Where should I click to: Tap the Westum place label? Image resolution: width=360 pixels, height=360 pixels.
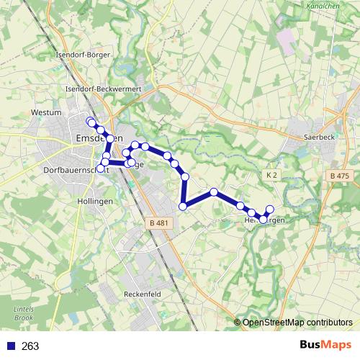45,113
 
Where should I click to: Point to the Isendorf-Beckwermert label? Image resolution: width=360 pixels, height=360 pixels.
102,88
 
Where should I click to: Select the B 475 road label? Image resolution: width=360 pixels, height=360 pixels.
338,176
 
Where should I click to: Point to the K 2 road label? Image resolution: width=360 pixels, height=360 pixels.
271,175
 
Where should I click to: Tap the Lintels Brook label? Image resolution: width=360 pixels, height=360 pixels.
24,313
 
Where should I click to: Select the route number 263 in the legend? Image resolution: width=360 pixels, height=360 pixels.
31,346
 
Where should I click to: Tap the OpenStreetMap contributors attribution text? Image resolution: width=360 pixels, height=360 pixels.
297,322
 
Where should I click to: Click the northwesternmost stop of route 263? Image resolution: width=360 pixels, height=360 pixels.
90,121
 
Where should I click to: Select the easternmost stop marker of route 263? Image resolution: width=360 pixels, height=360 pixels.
270,210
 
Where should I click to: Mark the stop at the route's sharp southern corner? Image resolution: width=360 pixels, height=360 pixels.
183,207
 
